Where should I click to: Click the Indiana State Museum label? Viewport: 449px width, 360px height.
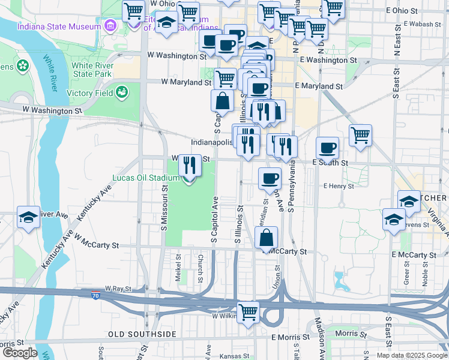click(59, 27)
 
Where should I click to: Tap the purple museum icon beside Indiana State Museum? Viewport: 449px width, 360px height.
click(110, 26)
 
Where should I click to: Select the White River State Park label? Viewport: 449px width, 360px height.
click(91, 70)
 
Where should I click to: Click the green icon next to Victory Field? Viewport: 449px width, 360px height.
click(122, 92)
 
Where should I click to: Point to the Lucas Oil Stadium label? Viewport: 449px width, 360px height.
click(146, 178)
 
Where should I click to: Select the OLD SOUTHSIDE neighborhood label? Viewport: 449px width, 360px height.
click(142, 334)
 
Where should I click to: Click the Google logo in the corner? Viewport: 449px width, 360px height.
click(19, 353)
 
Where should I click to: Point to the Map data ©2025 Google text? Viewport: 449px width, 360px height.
click(412, 355)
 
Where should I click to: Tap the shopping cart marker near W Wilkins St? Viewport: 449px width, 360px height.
click(248, 312)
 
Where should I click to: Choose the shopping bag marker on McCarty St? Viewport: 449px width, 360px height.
click(266, 238)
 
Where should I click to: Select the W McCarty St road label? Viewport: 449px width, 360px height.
click(97, 245)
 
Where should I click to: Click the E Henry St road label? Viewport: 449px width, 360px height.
click(339, 187)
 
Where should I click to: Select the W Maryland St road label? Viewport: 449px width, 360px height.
click(184, 82)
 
